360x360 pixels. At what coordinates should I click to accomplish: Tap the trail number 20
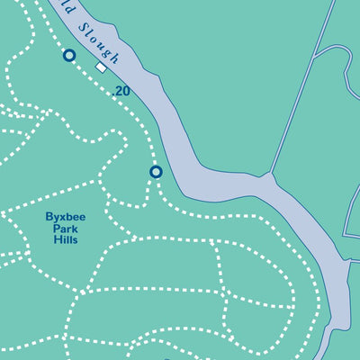pos(122,91)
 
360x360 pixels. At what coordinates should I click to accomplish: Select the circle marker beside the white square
pos(69,56)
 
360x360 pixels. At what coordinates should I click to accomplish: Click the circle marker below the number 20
pos(156,171)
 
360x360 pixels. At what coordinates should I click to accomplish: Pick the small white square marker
pos(102,67)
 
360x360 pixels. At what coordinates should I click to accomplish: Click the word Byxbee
pos(65,217)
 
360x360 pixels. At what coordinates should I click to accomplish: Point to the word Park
pos(65,229)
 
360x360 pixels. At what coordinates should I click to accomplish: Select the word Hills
pos(65,240)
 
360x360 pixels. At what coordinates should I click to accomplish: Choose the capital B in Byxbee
pos(49,217)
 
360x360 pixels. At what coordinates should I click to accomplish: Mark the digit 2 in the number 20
pos(119,91)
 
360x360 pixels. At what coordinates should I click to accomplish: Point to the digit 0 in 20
pos(127,91)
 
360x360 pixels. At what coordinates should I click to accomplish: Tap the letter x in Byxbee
pos(62,217)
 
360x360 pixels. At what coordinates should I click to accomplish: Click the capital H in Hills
pos(56,240)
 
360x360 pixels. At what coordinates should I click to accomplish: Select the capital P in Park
pos(57,229)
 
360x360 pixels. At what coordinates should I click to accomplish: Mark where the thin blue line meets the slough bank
pos(270,175)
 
